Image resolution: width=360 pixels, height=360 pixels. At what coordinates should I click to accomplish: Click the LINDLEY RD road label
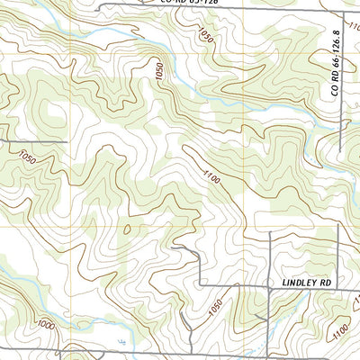tap(307, 283)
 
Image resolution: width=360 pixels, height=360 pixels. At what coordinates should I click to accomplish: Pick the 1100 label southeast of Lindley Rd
tap(339, 335)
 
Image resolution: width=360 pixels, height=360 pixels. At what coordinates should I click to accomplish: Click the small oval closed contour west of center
tap(127, 229)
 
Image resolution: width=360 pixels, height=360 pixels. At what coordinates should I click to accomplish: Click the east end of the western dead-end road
tap(67, 142)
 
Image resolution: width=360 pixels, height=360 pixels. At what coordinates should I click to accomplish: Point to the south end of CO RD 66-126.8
tap(341, 151)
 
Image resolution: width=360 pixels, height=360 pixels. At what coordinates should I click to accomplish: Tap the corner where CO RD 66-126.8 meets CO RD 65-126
tap(341, 10)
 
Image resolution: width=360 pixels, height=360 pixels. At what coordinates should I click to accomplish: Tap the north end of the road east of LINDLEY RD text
tap(337, 225)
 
